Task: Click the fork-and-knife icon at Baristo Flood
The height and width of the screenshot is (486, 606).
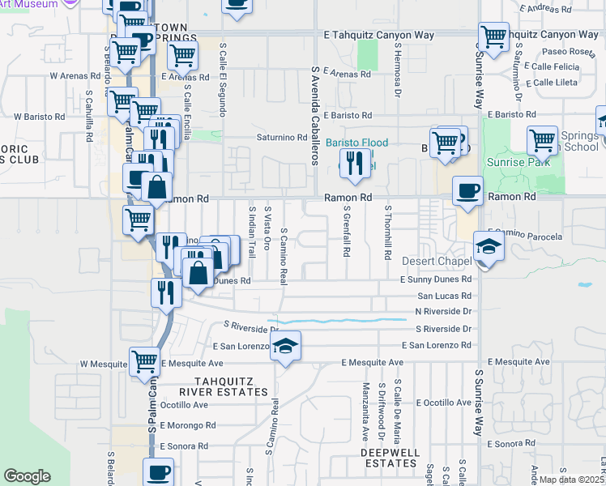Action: pyautogui.click(x=354, y=164)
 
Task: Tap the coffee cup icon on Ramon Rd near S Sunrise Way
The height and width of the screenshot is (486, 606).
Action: pyautogui.click(x=467, y=191)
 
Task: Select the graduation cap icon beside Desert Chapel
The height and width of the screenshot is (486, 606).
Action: pyautogui.click(x=489, y=245)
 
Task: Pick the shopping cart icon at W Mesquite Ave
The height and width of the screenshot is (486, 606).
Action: pyautogui.click(x=144, y=360)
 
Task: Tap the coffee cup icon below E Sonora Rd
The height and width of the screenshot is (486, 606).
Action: pyautogui.click(x=158, y=472)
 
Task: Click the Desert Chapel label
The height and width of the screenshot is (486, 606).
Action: pyautogui.click(x=437, y=262)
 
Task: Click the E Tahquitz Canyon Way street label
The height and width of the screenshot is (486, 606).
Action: pyautogui.click(x=379, y=36)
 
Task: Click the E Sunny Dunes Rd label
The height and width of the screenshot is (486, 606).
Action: pyautogui.click(x=436, y=279)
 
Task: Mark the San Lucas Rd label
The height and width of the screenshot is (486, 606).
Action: pyautogui.click(x=444, y=296)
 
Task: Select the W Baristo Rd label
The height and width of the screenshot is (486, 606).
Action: pyautogui.click(x=38, y=117)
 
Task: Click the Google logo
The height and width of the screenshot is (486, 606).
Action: pyautogui.click(x=27, y=476)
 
